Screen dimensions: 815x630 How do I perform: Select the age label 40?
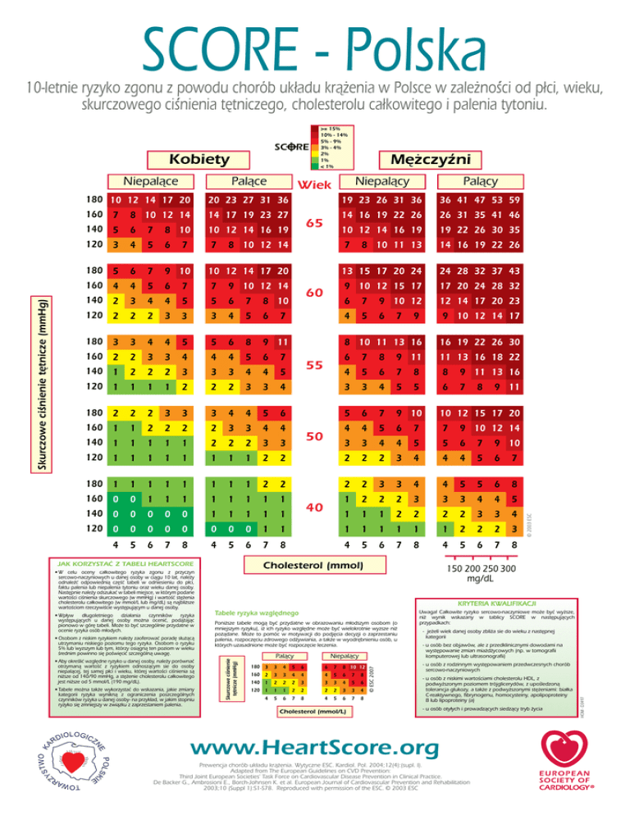(314, 508)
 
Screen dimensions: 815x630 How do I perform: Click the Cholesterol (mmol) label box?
(315, 566)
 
